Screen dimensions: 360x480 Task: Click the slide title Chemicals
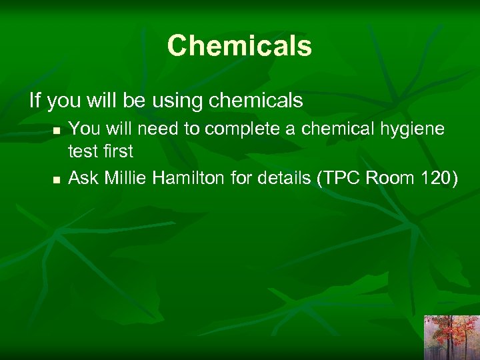click(x=239, y=46)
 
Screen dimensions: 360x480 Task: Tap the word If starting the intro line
click(x=35, y=101)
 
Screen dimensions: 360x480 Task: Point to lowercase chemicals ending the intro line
click(x=256, y=101)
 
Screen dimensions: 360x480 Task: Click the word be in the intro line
click(x=135, y=101)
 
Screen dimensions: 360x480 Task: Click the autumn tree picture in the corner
click(x=451, y=337)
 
